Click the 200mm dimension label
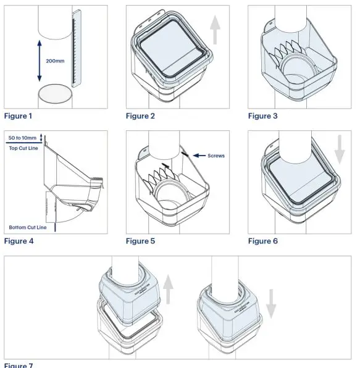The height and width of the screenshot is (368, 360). [54, 61]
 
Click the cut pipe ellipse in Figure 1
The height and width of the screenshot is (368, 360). [54, 95]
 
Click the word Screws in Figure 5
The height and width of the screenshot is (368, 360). [216, 156]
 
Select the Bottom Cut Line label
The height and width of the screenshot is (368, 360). [28, 227]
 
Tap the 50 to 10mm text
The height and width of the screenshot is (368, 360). [23, 136]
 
